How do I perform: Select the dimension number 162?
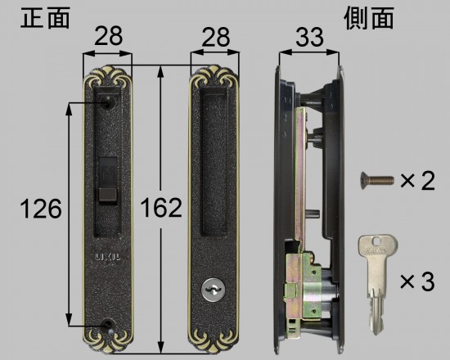(161, 209)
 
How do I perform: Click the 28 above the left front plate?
(108, 36)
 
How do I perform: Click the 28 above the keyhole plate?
(215, 36)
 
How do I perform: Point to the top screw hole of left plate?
(109, 105)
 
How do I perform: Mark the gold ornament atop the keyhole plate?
(216, 80)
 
